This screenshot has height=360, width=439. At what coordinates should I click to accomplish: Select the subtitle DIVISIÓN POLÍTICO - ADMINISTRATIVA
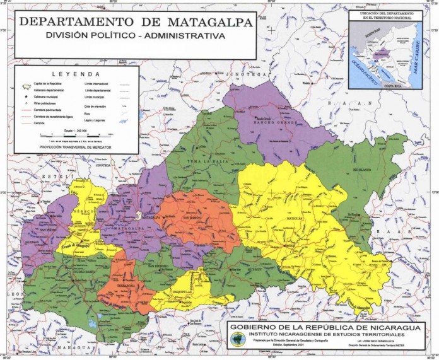click(x=135, y=36)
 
